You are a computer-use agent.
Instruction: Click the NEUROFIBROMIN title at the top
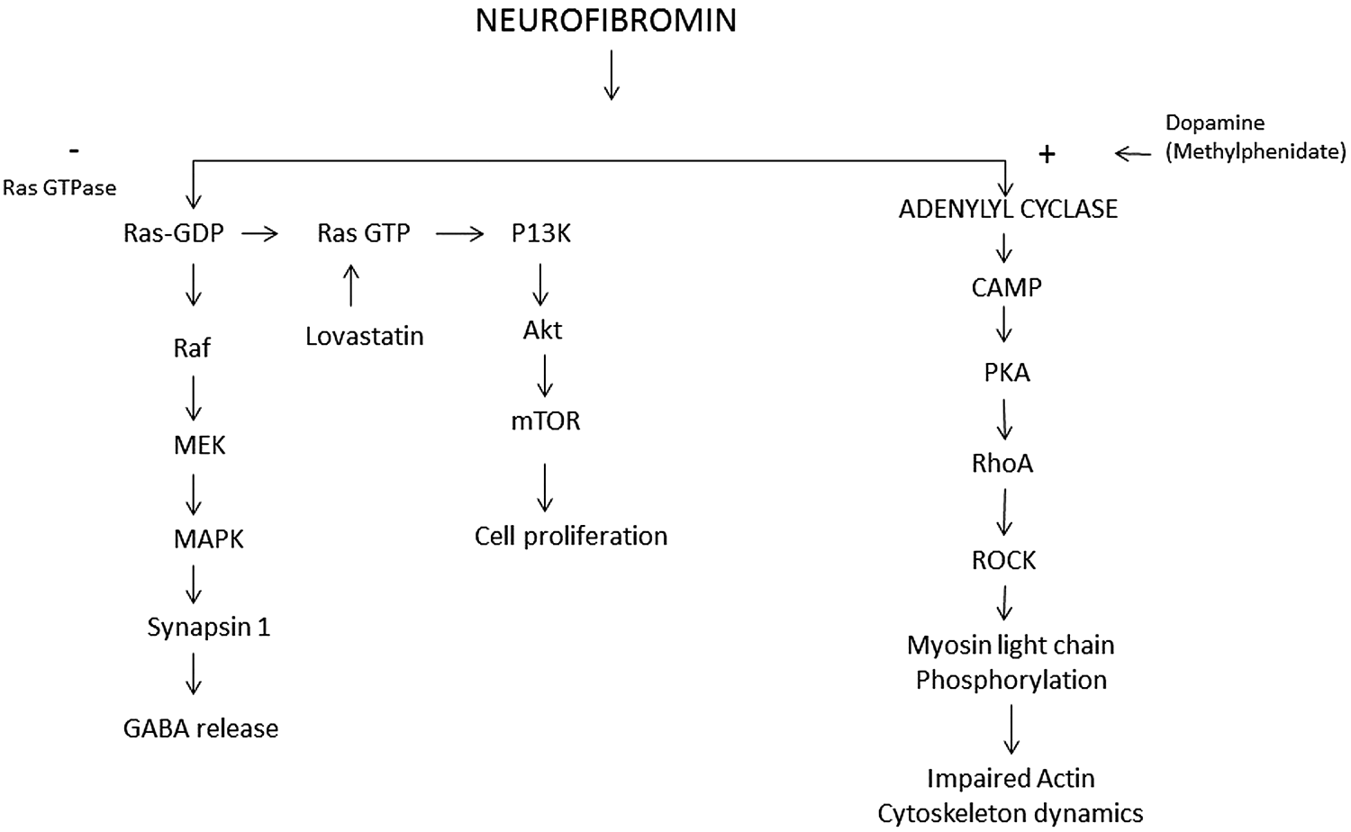pos(605,20)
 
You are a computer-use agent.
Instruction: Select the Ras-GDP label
pos(174,233)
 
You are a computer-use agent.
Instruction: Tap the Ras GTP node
pos(364,233)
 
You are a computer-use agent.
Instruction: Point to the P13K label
pos(540,233)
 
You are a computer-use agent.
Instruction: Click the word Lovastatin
pos(364,336)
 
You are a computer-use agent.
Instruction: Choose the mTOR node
pos(545,421)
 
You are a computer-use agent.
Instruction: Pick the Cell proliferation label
pos(571,536)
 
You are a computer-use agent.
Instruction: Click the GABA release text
pos(201,728)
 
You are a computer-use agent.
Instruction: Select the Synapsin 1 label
pos(208,627)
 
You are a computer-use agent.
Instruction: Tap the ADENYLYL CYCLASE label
pos(1008,209)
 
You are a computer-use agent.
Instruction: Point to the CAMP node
pos(1006,287)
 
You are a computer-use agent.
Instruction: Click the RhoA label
pos(1002,464)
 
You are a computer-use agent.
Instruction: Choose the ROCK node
pos(1003,560)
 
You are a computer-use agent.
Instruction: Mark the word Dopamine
pos(1215,122)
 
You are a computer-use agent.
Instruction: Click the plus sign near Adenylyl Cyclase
pos(1047,155)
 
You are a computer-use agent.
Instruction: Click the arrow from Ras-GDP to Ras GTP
pos(260,234)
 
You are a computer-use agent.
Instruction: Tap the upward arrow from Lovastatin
pos(351,285)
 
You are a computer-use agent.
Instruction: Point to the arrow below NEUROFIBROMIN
pos(611,76)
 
